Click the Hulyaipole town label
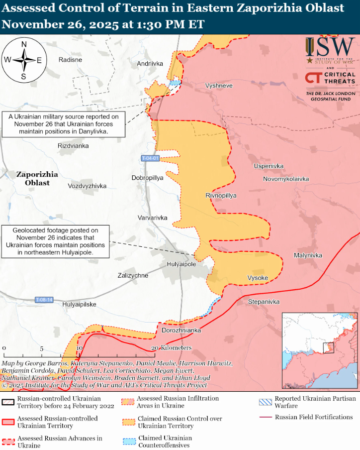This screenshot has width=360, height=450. pyautogui.click(x=181, y=264)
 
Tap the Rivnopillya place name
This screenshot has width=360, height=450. pyautogui.click(x=221, y=196)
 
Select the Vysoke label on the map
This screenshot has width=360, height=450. pyautogui.click(x=258, y=278)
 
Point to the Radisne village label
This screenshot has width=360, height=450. pyautogui.click(x=70, y=60)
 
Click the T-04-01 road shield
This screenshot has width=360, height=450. pyautogui.click(x=150, y=158)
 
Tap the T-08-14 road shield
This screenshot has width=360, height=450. pyautogui.click(x=44, y=300)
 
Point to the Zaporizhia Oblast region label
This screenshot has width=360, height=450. pyautogui.click(x=37, y=179)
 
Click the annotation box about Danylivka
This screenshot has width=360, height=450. pyautogui.click(x=63, y=124)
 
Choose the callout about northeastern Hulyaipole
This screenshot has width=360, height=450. pyautogui.click(x=56, y=241)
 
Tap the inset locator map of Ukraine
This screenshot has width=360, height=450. pyautogui.click(x=320, y=350)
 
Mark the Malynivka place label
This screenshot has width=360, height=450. pyautogui.click(x=308, y=255)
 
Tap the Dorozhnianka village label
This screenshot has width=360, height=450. pyautogui.click(x=181, y=331)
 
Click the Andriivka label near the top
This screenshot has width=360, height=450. pyautogui.click(x=150, y=64)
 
